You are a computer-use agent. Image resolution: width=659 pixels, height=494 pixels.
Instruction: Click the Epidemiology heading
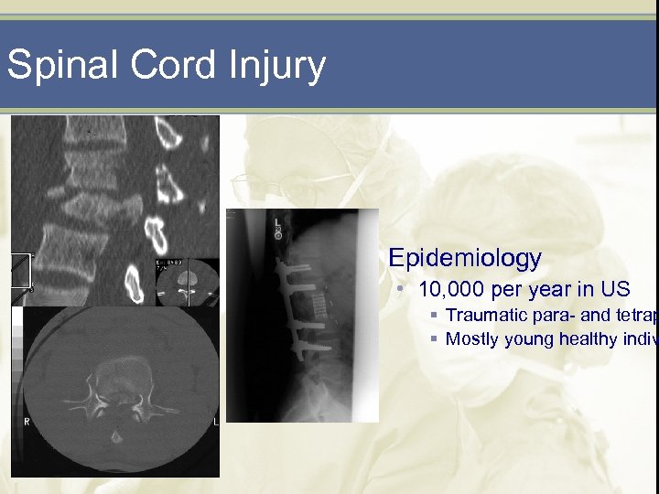(464, 258)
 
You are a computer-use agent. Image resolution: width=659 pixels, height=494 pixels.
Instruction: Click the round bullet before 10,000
(400, 290)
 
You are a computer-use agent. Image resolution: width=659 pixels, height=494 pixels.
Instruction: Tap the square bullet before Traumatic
(433, 316)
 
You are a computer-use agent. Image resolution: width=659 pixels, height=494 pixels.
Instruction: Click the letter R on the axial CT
(28, 423)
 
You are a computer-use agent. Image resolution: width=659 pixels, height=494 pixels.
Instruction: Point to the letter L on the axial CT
(214, 422)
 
